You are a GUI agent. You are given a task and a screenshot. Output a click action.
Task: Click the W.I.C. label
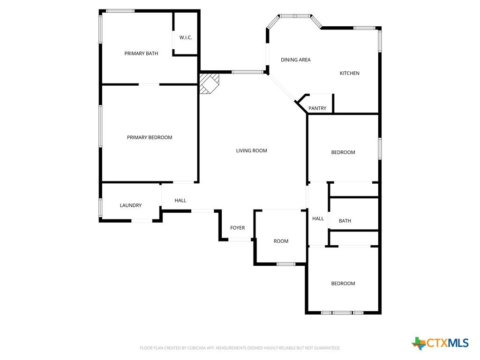pyautogui.click(x=186, y=37)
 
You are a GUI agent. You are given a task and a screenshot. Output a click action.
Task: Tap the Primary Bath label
pyautogui.click(x=141, y=53)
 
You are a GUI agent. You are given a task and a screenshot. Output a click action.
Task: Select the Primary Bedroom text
pyautogui.click(x=150, y=137)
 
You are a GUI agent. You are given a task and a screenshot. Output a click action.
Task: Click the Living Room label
pyautogui.click(x=251, y=150)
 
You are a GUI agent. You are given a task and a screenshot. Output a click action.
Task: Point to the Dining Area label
pyautogui.click(x=296, y=60)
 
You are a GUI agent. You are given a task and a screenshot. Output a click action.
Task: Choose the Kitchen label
pyautogui.click(x=350, y=73)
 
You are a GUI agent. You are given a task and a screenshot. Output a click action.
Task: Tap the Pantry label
pyautogui.click(x=317, y=108)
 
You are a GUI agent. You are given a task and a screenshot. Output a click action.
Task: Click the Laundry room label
pyautogui.click(x=131, y=205)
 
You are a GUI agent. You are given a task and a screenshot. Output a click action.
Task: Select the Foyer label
pyautogui.click(x=238, y=228)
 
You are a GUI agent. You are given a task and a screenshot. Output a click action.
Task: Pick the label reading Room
pyautogui.click(x=281, y=241)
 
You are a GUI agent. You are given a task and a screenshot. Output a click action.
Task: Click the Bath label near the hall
pyautogui.click(x=345, y=221)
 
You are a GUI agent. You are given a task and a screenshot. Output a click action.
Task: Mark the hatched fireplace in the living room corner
pyautogui.click(x=210, y=83)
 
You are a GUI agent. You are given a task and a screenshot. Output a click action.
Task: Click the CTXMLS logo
pyautogui.click(x=440, y=343)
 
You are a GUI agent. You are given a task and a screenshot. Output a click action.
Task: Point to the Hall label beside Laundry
pyautogui.click(x=180, y=201)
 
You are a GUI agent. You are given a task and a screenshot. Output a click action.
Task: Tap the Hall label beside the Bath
pyautogui.click(x=318, y=218)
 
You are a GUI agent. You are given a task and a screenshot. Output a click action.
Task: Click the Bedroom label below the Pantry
pyautogui.click(x=343, y=152)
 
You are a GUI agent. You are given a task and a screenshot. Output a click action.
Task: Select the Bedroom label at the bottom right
pyautogui.click(x=343, y=284)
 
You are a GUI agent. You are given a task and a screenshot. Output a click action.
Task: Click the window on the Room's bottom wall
pyautogui.click(x=286, y=264)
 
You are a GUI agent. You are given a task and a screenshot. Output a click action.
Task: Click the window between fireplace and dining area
pyautogui.click(x=247, y=72)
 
